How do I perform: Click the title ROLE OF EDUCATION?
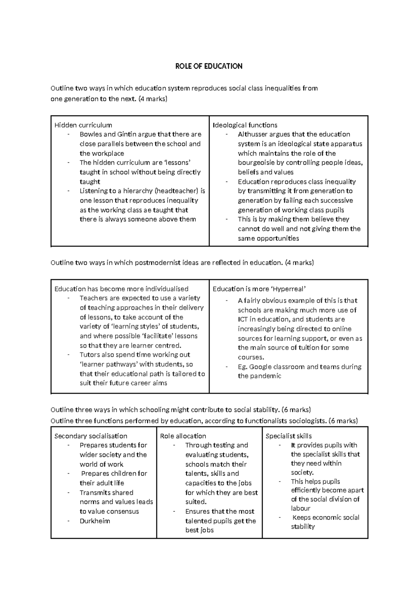[209, 66]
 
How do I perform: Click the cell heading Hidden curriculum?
[83, 125]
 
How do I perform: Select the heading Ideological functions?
[245, 125]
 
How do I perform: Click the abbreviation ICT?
[242, 320]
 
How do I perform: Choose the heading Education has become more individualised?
[121, 289]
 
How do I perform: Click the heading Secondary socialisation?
[91, 436]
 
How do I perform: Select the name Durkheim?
[95, 521]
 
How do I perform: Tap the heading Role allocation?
[183, 436]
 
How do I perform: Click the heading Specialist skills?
[288, 436]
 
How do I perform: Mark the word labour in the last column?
[301, 508]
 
